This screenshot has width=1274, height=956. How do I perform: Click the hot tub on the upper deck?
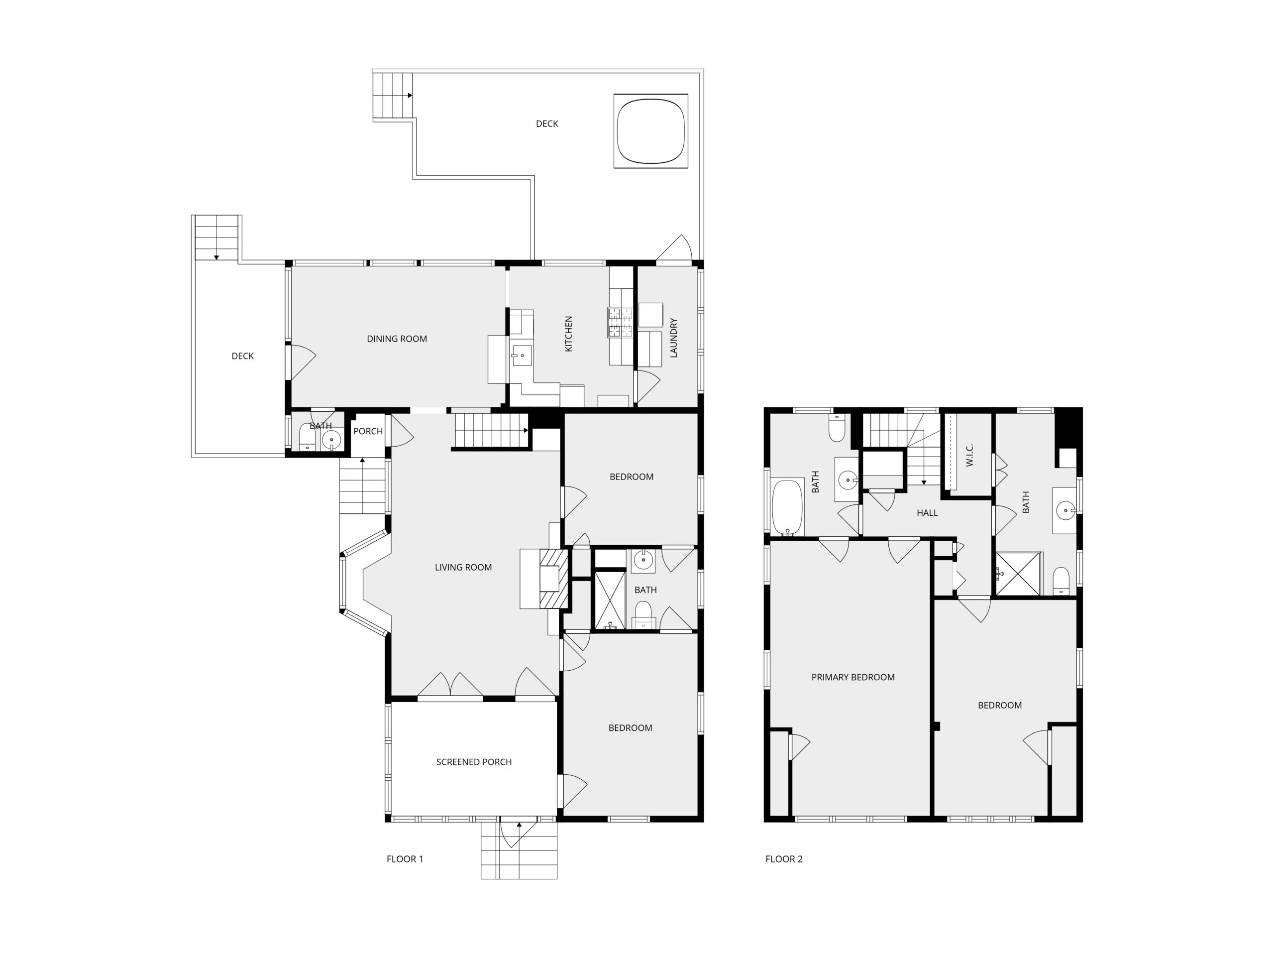[651, 131]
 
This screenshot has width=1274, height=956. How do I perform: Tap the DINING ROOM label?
[397, 339]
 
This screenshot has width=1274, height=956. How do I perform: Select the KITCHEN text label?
[568, 334]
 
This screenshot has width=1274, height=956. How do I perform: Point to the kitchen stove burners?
[620, 322]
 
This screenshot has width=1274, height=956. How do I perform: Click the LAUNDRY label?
[673, 338]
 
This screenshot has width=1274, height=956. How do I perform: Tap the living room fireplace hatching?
[554, 579]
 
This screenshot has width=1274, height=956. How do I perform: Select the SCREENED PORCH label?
[473, 762]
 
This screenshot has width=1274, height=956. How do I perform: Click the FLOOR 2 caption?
[783, 858]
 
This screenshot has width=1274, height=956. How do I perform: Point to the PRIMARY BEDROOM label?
[852, 677]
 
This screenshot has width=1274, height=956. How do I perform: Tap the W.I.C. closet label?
[969, 455]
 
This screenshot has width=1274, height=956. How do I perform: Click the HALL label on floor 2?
[927, 512]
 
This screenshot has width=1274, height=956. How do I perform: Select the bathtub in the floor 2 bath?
[787, 507]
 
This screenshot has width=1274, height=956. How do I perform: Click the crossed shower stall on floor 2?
[1018, 574]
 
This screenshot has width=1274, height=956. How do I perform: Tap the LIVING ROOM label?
[463, 567]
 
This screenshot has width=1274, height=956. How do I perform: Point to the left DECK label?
[242, 356]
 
